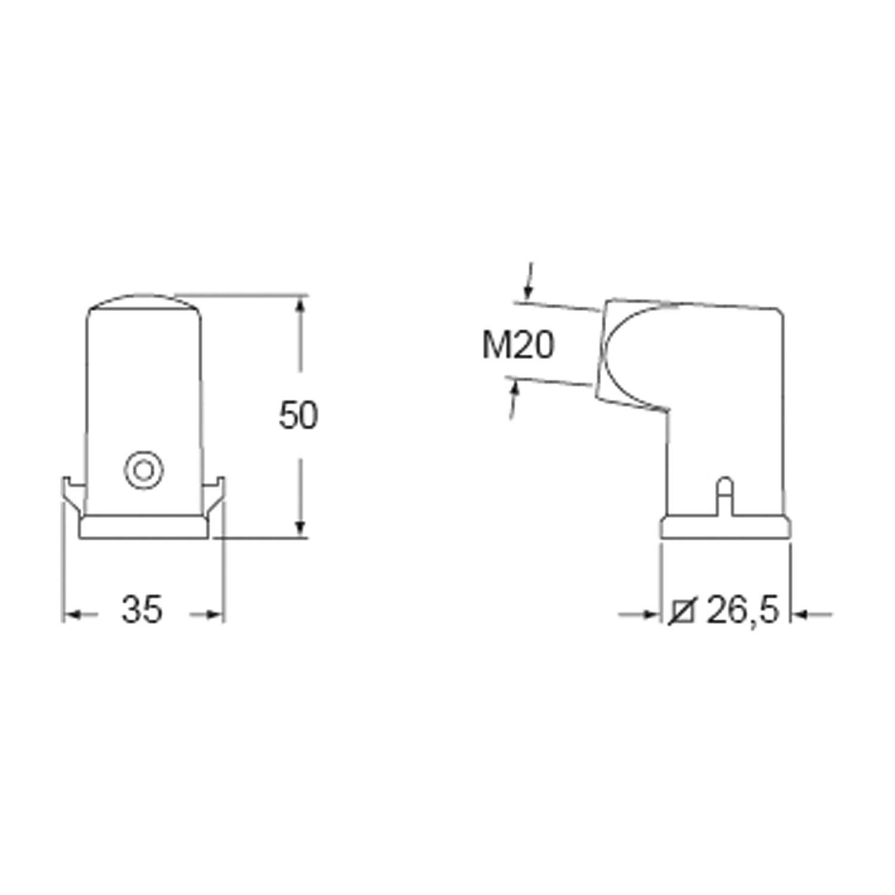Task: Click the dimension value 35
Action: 142,610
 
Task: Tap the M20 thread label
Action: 518,346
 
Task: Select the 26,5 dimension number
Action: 743,610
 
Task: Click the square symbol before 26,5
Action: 682,611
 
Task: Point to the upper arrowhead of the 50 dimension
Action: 301,304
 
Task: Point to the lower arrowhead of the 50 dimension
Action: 301,527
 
